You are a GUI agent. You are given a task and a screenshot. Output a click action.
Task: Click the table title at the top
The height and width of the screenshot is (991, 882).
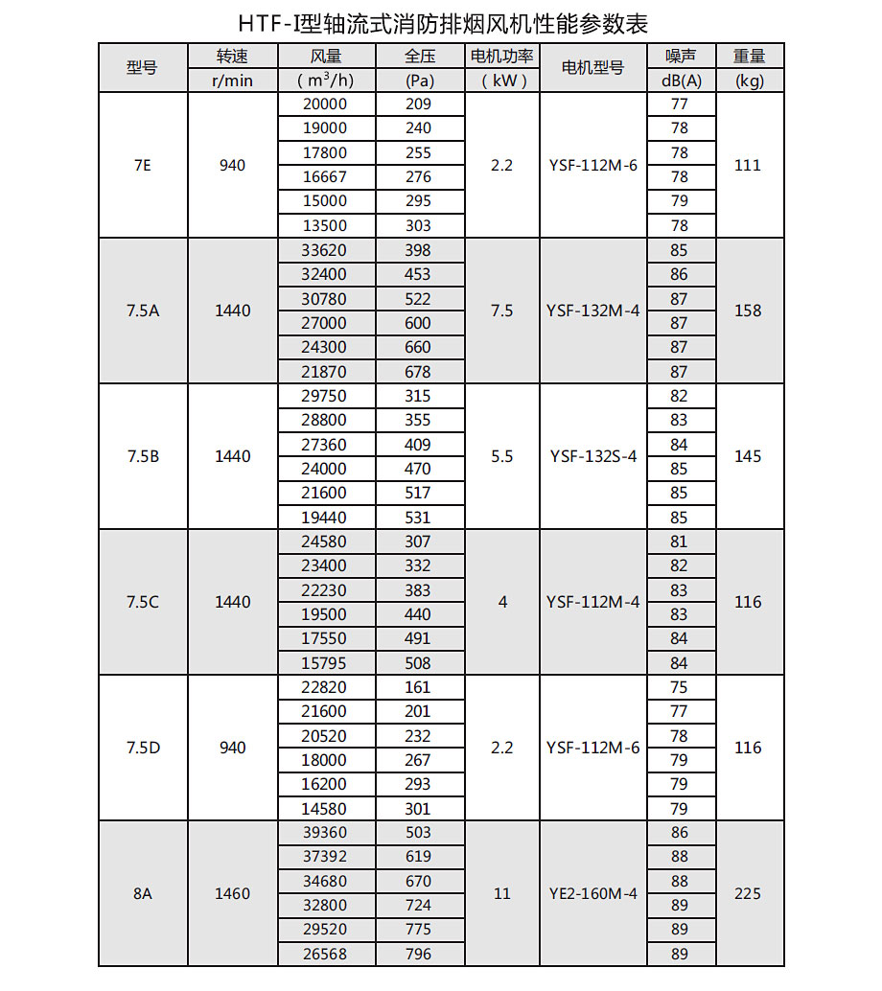[442, 22]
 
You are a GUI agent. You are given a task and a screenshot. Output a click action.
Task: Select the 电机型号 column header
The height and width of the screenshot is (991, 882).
[592, 68]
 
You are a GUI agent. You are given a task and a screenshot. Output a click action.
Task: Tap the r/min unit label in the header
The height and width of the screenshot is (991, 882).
[233, 81]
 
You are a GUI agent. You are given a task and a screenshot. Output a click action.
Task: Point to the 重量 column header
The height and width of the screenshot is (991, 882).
[750, 57]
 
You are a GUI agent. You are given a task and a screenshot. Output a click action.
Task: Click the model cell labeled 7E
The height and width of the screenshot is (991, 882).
[142, 165]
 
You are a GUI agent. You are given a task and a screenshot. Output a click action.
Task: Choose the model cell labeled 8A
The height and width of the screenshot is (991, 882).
[142, 893]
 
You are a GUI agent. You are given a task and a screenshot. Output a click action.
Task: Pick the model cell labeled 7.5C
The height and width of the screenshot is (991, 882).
[142, 602]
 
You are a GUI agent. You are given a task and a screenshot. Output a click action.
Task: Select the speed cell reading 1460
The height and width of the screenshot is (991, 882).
[233, 893]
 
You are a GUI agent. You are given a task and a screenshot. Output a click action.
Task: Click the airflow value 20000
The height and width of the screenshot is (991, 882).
[325, 104]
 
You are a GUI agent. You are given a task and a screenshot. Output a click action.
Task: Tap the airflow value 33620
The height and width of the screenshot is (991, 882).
[325, 250]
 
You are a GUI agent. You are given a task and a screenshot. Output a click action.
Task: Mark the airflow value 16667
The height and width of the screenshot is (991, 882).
[325, 177]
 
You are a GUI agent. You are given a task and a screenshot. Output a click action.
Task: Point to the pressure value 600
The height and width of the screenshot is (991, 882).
[418, 323]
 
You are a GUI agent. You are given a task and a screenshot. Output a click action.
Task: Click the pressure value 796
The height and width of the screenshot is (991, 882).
[418, 954]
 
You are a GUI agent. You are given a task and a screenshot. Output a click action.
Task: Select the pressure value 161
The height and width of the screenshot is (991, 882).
[418, 687]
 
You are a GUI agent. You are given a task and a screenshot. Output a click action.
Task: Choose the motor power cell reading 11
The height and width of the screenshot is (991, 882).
[501, 893]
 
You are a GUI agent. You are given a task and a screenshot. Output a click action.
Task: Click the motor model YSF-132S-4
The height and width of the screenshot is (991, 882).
[592, 456]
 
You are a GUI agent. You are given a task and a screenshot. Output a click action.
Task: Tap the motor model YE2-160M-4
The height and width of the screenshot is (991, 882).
[592, 893]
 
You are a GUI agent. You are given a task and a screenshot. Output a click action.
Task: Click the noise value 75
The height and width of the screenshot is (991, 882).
[680, 687]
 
